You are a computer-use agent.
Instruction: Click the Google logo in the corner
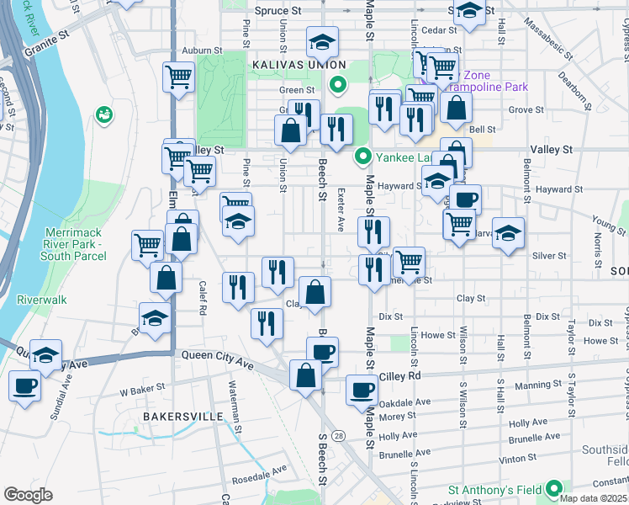27,495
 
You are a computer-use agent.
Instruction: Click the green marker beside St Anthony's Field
554,488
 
